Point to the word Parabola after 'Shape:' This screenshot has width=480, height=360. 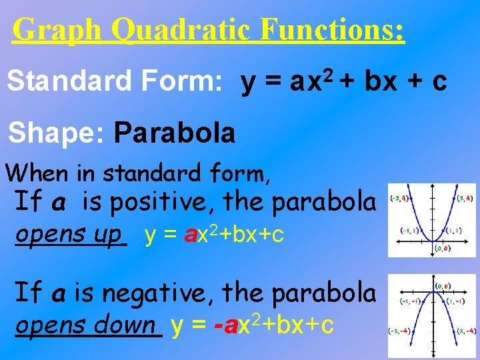point(175,133)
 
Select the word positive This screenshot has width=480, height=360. point(165,201)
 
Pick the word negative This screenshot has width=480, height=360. point(163,291)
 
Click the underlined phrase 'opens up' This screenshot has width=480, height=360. point(70,235)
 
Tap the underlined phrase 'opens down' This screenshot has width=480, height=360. point(87,325)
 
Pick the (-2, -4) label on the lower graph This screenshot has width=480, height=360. point(400,331)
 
